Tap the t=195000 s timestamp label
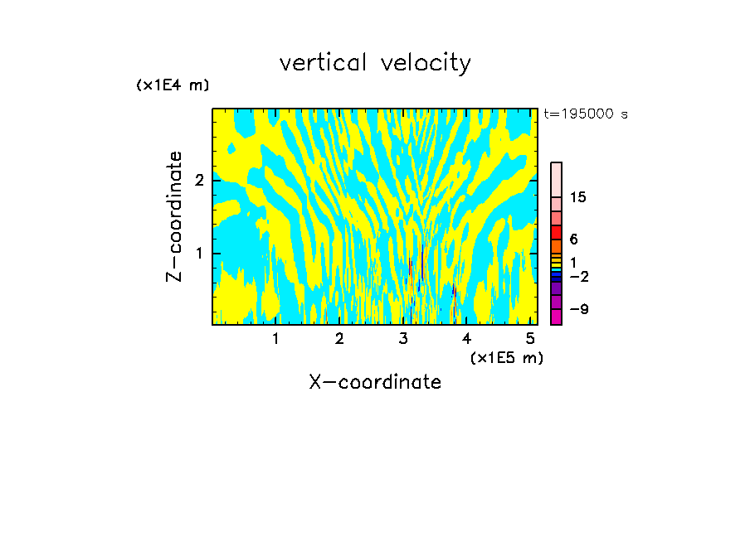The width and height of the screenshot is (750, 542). tap(585, 114)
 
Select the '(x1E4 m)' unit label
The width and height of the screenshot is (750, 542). tap(173, 85)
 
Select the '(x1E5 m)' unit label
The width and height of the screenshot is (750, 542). tap(506, 357)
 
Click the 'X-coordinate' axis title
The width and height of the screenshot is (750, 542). tap(375, 382)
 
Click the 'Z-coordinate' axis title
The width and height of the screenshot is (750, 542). tap(174, 216)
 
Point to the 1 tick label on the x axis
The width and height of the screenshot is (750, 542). tap(275, 339)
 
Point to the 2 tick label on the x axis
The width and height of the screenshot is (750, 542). tap(339, 339)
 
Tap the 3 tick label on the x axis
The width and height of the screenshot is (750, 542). tap(403, 339)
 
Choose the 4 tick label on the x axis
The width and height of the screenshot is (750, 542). tap(467, 339)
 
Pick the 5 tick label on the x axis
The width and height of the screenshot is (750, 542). tap(531, 339)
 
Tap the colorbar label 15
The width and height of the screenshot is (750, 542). tap(578, 197)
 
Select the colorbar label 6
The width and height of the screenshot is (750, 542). tap(573, 239)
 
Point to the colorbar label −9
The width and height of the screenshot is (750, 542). tap(578, 309)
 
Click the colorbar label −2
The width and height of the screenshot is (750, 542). tap(578, 276)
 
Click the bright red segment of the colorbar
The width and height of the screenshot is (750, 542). tap(556, 233)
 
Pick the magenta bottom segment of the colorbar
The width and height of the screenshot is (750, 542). tap(556, 317)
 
